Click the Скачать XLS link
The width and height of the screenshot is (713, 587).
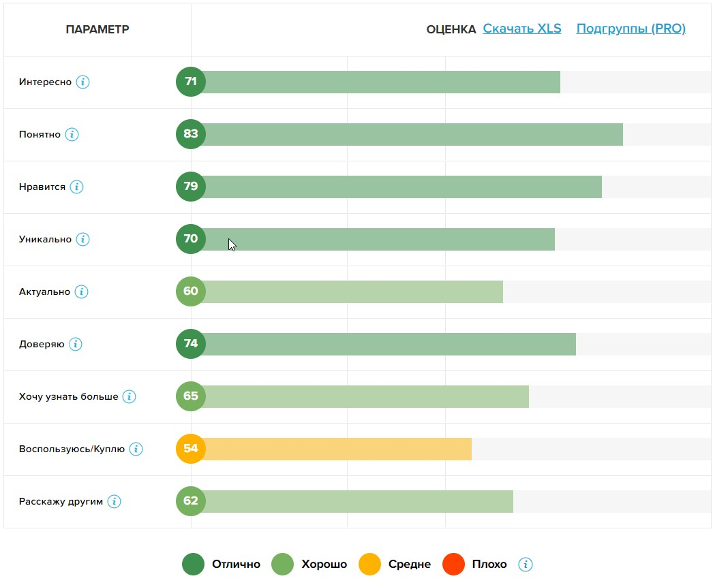(x=522, y=29)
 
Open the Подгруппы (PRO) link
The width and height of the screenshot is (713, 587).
(x=631, y=29)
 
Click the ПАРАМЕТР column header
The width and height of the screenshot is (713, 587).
(x=97, y=29)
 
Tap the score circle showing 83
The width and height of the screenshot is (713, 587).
(x=191, y=134)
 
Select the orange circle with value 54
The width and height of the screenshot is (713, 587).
(x=191, y=449)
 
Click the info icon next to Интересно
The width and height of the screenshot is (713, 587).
(x=82, y=82)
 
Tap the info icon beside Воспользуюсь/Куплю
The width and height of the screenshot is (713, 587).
(x=136, y=449)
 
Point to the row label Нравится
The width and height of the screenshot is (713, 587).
(x=42, y=187)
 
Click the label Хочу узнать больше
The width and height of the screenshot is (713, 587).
(x=68, y=397)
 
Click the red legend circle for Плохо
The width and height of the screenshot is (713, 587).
(x=453, y=565)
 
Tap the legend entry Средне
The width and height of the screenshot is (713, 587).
(x=409, y=565)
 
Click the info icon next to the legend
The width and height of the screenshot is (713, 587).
(x=525, y=565)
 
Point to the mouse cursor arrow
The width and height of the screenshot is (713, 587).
(x=232, y=244)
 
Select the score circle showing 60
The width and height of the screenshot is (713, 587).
(x=191, y=291)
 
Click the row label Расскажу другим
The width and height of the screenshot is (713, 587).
(x=61, y=502)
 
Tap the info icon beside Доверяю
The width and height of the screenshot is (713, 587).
(x=76, y=345)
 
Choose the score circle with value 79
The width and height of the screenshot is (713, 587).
(x=191, y=187)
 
